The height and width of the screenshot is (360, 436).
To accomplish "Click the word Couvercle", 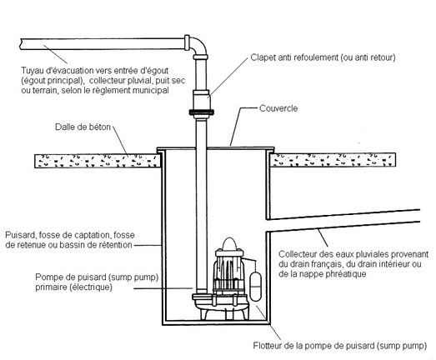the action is point(278,108).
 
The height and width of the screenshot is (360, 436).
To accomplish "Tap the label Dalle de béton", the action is point(83,127).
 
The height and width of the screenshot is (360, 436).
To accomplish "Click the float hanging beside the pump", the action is point(256,286).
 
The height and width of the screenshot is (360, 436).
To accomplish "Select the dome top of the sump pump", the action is point(229,243).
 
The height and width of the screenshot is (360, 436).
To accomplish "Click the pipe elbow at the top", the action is point(198,46).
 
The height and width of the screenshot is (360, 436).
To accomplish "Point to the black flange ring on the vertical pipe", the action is point(201,112).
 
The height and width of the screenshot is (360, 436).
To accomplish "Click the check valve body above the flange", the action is point(201,100).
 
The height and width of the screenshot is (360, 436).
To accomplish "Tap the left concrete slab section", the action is point(98,161).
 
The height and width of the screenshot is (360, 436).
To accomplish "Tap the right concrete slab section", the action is point(333,160).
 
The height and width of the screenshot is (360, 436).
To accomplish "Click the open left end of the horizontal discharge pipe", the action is point(22,44).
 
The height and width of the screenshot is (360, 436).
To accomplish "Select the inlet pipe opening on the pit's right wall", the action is point(268,226).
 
